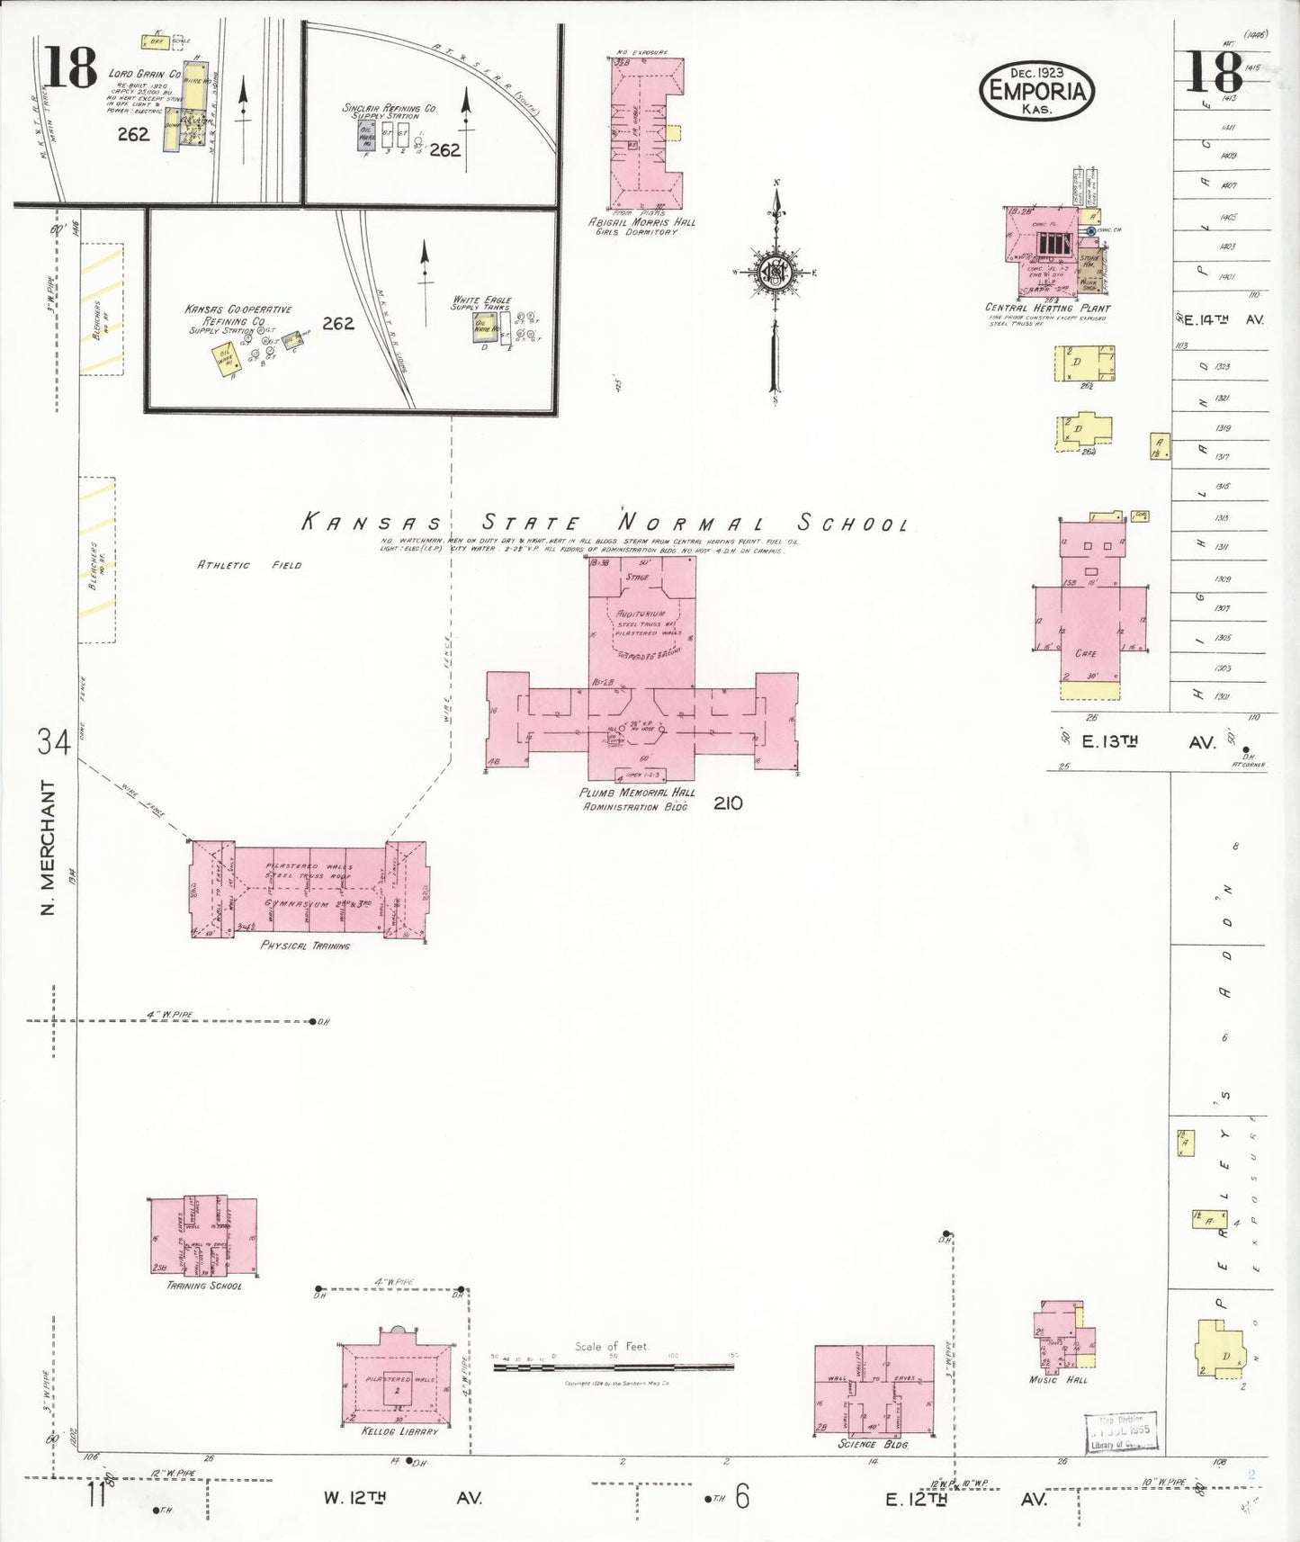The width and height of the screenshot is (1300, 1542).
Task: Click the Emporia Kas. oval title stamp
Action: click(x=1036, y=90)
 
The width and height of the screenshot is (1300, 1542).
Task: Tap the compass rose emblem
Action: click(x=774, y=272)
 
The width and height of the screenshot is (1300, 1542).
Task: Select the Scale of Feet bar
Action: click(x=614, y=1367)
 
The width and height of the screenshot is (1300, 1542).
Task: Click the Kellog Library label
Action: click(x=400, y=1430)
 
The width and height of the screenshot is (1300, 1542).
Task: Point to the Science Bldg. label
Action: click(x=873, y=1444)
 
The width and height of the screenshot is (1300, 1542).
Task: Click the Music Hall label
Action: click(x=1059, y=1379)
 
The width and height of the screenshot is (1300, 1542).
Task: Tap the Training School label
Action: click(x=204, y=1286)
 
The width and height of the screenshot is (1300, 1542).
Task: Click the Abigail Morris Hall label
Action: click(x=642, y=222)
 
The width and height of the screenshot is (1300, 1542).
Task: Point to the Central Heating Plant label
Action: click(x=1047, y=308)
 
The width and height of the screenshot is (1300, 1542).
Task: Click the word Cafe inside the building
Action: click(x=1086, y=653)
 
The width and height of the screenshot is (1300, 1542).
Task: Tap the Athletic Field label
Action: click(x=249, y=565)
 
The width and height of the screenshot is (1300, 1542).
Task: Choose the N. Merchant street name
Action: click(x=49, y=847)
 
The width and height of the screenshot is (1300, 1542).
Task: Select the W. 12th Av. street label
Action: click(x=402, y=1498)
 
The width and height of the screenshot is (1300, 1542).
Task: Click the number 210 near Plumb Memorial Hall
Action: click(x=728, y=802)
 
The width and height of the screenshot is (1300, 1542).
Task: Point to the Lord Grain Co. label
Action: click(x=144, y=74)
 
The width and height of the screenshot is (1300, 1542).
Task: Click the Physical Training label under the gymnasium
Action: click(x=305, y=946)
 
